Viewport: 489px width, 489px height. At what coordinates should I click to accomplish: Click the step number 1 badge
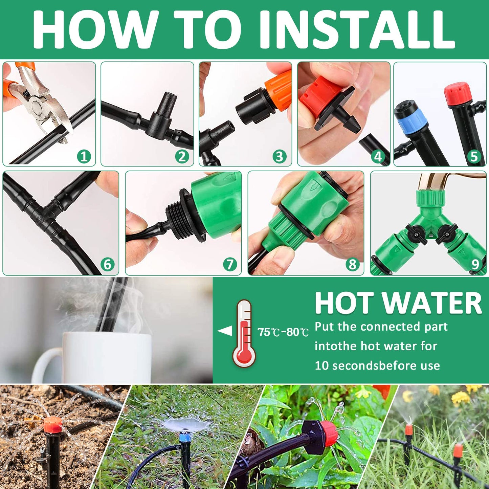coord(84,156)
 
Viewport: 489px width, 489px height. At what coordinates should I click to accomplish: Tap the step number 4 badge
coord(378,156)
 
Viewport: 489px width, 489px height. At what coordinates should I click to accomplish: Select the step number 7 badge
coord(230,264)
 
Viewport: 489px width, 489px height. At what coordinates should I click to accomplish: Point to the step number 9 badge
coord(475,264)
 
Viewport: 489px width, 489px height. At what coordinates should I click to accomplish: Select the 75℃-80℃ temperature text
coord(283,332)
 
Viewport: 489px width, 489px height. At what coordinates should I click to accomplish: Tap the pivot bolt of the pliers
coord(36,106)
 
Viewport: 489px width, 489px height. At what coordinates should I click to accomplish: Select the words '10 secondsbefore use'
coord(377,366)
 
